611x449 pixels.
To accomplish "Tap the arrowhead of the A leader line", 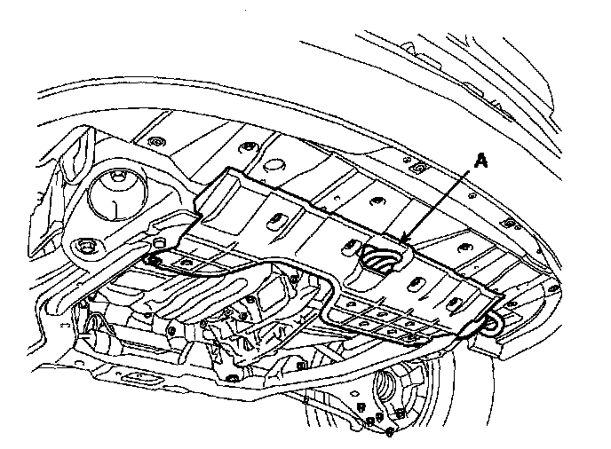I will coord(403,239).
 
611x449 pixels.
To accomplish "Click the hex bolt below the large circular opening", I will coord(87,246).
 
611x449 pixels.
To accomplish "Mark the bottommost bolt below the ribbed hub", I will coord(392,432).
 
